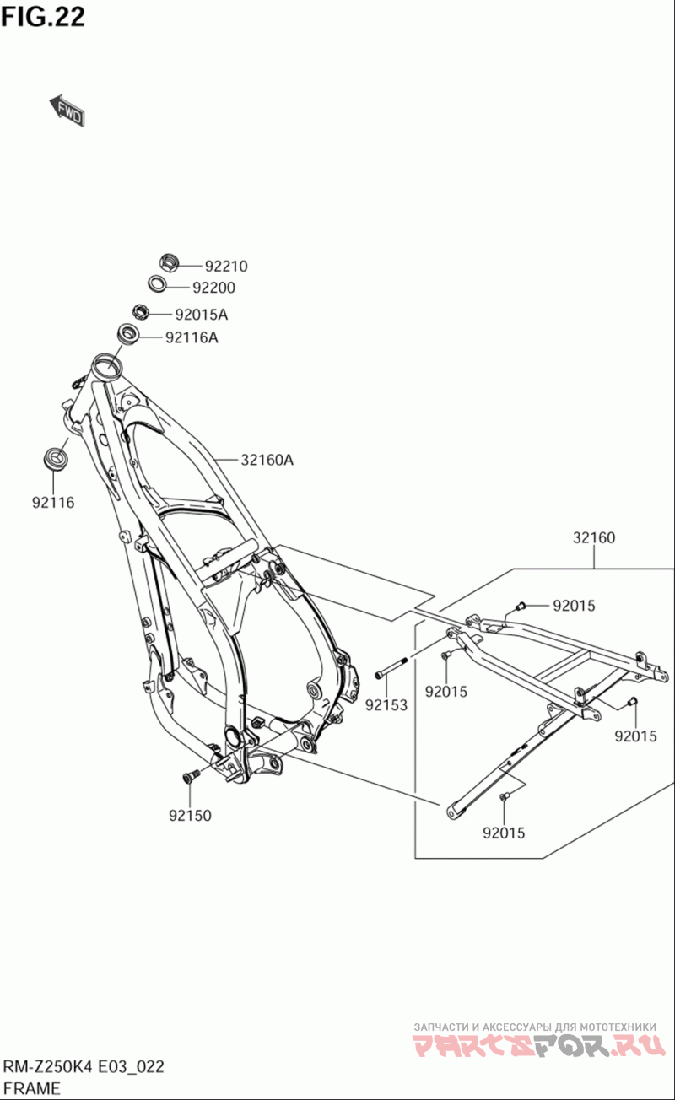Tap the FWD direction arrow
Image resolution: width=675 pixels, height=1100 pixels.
(x=67, y=111)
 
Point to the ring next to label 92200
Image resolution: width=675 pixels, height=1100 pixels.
(x=158, y=284)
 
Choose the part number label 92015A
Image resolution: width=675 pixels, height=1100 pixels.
(x=201, y=315)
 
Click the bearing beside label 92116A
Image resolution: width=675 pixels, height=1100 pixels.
(x=129, y=333)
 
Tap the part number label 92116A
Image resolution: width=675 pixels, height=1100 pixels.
(x=192, y=338)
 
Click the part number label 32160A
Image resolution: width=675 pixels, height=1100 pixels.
(x=267, y=461)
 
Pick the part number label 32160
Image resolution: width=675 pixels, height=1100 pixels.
(x=594, y=538)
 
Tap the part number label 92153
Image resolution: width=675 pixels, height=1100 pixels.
(x=386, y=704)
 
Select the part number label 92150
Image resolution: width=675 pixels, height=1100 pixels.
(x=190, y=816)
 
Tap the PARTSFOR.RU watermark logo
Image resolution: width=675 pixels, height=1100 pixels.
(x=535, y=1047)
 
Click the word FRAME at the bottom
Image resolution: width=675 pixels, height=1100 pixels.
(x=31, y=1087)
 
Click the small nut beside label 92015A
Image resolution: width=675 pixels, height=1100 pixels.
(x=141, y=312)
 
